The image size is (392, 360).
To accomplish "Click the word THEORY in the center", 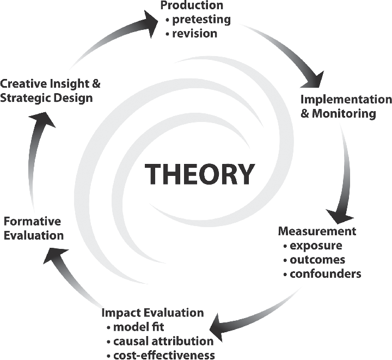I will pos(200,174).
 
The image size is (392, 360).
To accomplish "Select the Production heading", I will pos(192,6).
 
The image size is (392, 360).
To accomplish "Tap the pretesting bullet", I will pos(200,20).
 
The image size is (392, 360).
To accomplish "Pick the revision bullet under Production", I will pos(194,33).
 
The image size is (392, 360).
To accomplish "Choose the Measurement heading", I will pos(317,231).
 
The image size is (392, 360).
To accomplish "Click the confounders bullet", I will pos(325,273).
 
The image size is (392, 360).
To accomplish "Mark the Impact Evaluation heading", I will pos(153,313).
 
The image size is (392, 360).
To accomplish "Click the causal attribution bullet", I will pos(163,341).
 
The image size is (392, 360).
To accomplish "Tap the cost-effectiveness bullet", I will pos(164,355).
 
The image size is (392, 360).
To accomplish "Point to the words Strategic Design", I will pos(47,98).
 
